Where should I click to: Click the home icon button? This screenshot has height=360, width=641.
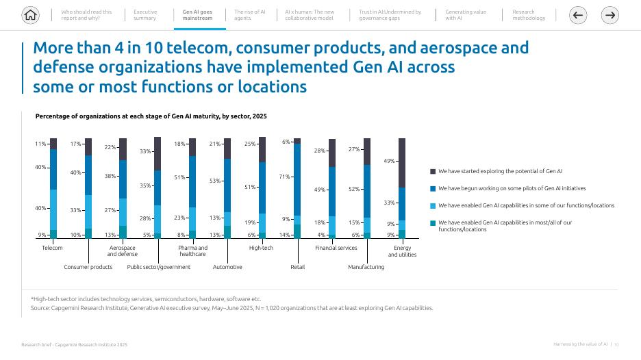[x=30, y=15]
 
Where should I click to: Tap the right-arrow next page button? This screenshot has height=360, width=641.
[x=611, y=15]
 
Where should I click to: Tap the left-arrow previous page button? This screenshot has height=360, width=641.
[x=579, y=15]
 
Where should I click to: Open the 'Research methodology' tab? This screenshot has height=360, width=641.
[x=529, y=15]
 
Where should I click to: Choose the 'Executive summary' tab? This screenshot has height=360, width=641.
[x=144, y=15]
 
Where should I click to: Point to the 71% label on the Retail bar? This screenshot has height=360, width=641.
[x=286, y=177]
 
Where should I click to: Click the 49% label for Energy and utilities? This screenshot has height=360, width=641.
[x=389, y=161]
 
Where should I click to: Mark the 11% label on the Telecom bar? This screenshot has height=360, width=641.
[x=40, y=144]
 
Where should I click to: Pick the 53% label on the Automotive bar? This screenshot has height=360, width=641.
[x=215, y=181]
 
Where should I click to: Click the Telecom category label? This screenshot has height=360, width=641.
[x=52, y=248]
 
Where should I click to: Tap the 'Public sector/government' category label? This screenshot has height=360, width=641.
[x=159, y=267]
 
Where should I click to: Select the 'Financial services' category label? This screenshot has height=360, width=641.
[x=336, y=248]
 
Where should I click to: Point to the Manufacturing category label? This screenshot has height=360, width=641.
[x=366, y=267]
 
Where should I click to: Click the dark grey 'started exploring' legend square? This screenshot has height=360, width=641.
[x=433, y=172]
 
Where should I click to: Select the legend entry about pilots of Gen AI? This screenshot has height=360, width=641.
[x=512, y=188]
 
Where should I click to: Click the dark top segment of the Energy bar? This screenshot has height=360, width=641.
[x=402, y=162]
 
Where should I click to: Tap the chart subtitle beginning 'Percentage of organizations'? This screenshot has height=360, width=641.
[x=151, y=116]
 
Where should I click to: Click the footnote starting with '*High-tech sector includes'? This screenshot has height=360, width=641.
[x=146, y=299]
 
